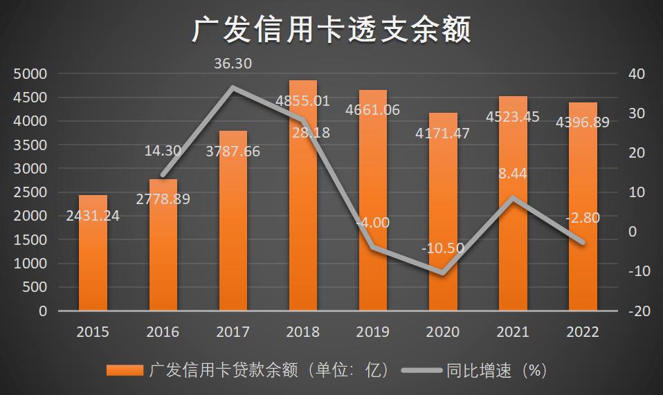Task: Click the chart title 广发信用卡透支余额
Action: pyautogui.click(x=331, y=30)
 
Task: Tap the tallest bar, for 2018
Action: pyautogui.click(x=303, y=208)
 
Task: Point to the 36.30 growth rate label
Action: pyautogui.click(x=233, y=64)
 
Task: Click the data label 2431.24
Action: pyautogui.click(x=93, y=216)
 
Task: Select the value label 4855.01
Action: pyautogui.click(x=302, y=101)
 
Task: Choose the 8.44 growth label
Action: pyautogui.click(x=512, y=174)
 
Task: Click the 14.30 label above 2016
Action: pyautogui.click(x=163, y=149)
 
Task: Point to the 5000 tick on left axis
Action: pyautogui.click(x=30, y=73)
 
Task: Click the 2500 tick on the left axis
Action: pyautogui.click(x=30, y=192)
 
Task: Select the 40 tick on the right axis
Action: pyautogui.click(x=635, y=74)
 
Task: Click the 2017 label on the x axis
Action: pyautogui.click(x=233, y=332)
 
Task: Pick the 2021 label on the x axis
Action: pyautogui.click(x=513, y=332)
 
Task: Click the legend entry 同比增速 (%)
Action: pyautogui.click(x=496, y=371)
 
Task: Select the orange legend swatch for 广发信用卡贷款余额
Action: pyautogui.click(x=125, y=371)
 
